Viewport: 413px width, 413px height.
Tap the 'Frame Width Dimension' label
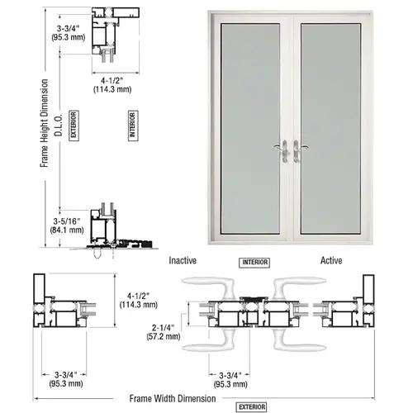171,398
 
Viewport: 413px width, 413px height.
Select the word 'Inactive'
183,260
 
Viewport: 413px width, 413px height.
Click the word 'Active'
332,260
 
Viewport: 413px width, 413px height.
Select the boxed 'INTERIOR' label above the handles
254,263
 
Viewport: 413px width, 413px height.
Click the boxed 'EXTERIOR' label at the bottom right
251,406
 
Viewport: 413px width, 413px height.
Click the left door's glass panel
252,124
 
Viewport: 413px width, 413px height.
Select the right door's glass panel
334,124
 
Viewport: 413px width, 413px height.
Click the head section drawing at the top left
107,33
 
